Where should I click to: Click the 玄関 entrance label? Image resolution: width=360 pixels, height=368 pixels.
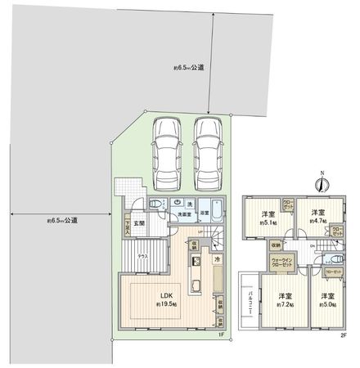point(140,223)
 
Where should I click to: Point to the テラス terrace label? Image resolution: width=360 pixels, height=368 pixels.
point(142,256)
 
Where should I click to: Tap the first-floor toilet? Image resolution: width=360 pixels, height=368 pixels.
point(154,204)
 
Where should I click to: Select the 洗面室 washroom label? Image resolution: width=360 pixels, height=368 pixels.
point(185,213)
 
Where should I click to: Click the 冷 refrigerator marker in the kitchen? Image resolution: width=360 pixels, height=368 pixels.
point(217,260)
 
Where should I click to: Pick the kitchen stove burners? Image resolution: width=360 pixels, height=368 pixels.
point(196,262)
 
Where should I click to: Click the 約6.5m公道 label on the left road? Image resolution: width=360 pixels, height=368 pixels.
point(62,220)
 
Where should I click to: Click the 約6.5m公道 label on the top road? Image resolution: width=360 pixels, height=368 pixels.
point(189,69)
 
